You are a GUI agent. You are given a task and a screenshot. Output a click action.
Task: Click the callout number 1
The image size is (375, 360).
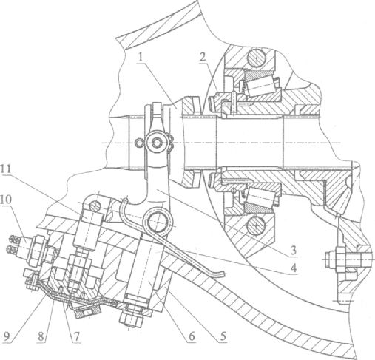(141, 58)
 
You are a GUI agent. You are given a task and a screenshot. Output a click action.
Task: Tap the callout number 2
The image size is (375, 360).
(203, 58)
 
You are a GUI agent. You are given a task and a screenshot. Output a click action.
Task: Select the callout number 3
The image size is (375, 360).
(293, 251)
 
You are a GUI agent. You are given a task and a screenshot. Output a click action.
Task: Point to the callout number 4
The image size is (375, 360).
(293, 268)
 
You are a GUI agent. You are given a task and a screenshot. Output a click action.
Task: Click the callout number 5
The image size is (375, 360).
(223, 336)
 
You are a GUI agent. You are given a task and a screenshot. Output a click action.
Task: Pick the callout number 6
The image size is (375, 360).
(192, 336)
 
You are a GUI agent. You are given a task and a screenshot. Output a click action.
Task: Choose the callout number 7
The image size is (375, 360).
(77, 336)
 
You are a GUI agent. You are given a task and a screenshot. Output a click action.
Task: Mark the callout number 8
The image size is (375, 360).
(42, 336)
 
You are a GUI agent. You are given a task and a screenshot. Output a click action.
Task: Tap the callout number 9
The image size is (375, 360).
(7, 336)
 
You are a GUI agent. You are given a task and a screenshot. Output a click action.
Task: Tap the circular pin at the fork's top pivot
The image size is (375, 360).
(157, 143)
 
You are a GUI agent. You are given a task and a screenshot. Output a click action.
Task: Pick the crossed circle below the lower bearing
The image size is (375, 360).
(257, 226)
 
